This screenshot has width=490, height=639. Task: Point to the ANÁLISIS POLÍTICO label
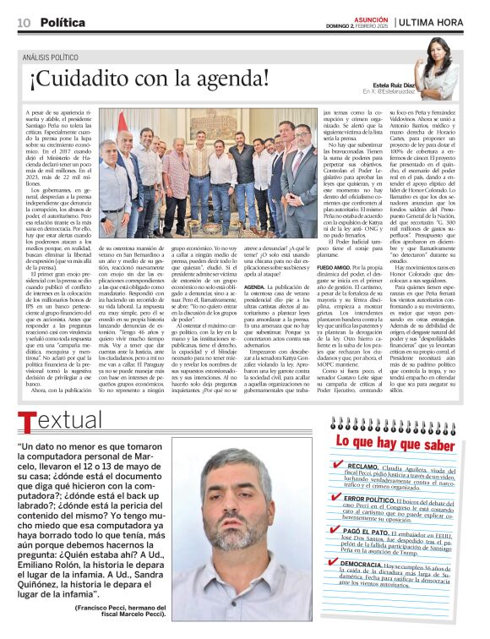click(x=52, y=57)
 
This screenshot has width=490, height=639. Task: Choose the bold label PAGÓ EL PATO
click(x=366, y=533)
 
